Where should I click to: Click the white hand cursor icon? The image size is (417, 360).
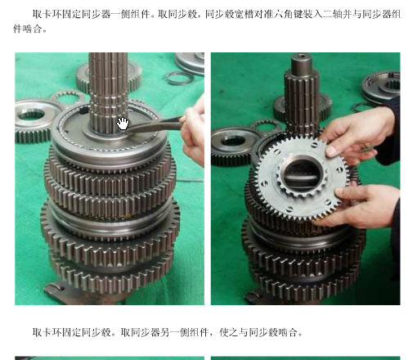(123, 124)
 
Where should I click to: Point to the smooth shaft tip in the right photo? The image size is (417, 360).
(301, 63)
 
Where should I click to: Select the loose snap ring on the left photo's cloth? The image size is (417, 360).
(179, 78)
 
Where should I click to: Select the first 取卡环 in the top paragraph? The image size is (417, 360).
(47, 14)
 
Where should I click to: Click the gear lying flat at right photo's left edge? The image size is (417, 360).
(231, 146)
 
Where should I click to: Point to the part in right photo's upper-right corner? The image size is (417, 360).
(382, 87)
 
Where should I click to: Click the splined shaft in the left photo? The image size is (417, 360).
(109, 92)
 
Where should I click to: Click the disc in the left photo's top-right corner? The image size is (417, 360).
(190, 63)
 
